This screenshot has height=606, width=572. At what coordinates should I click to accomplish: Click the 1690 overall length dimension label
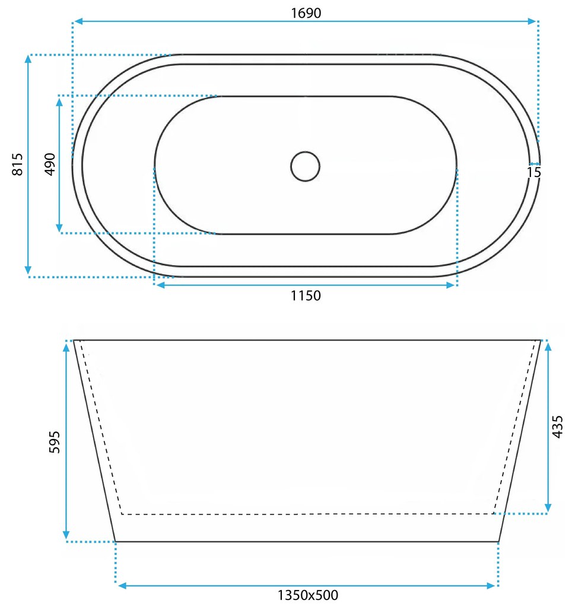(306, 13)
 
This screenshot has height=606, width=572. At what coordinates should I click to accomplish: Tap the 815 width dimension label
(18, 164)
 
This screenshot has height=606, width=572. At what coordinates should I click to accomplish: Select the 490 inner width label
(50, 164)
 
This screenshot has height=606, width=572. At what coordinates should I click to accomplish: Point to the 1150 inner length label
(306, 296)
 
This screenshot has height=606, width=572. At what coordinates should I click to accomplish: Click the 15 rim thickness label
(534, 172)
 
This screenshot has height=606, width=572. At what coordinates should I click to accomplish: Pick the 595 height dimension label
(55, 442)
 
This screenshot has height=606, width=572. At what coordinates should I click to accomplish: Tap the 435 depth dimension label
(557, 427)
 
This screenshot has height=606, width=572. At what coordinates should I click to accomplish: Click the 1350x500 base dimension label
(308, 595)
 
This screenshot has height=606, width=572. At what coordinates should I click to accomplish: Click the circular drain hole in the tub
(306, 166)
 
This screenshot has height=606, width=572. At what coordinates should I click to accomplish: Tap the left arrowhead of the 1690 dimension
(78, 21)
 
